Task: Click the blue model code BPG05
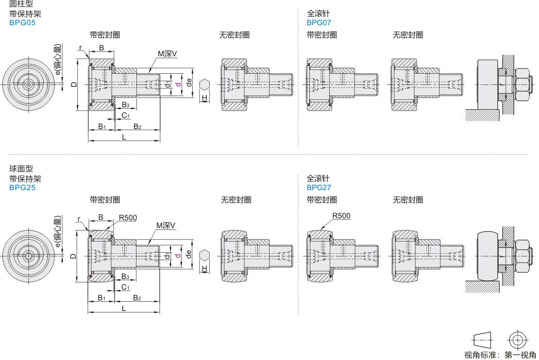click(x=22, y=22)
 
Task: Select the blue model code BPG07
click(x=319, y=22)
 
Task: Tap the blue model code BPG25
click(x=22, y=187)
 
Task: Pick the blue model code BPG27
click(x=319, y=187)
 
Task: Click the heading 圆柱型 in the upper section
click(x=21, y=4)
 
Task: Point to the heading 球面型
click(x=21, y=169)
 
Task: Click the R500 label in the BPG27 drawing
click(x=341, y=216)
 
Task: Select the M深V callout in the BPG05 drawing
click(x=167, y=53)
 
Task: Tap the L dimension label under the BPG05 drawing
click(x=124, y=137)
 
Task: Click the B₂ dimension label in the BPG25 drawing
click(x=137, y=297)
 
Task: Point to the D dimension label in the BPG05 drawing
click(x=73, y=84)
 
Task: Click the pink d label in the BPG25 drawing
click(x=178, y=254)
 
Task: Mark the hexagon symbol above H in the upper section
click(x=204, y=84)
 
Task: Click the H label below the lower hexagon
click(x=204, y=268)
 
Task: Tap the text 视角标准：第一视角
click(x=500, y=355)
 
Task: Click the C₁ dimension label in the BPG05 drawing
click(x=125, y=115)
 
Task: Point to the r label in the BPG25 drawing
click(x=79, y=219)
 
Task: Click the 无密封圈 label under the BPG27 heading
click(x=408, y=200)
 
